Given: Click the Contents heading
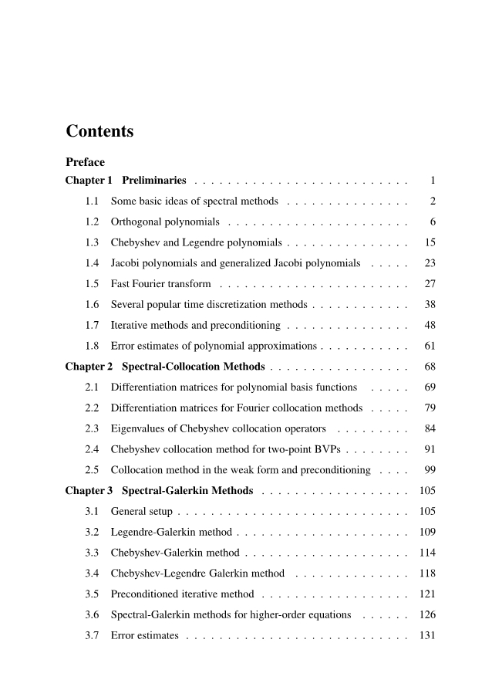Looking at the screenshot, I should click(99, 131).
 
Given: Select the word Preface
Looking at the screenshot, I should click(85, 162).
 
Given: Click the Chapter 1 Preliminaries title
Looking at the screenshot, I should click(126, 181).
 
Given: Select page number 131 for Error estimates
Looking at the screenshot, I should click(427, 635).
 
